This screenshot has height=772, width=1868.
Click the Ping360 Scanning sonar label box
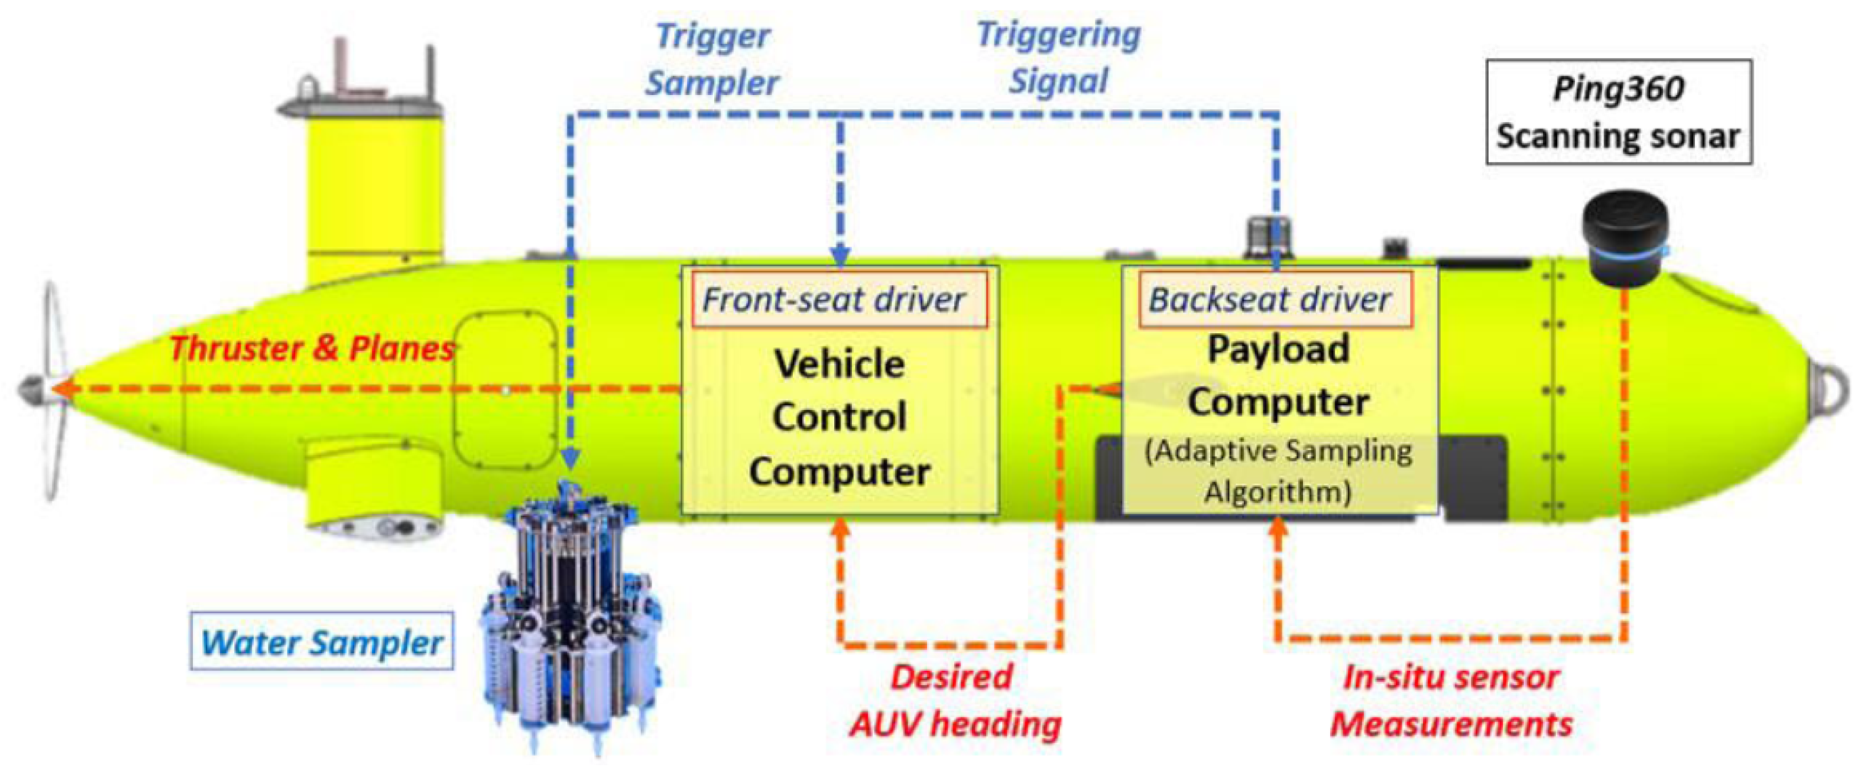(x=1619, y=112)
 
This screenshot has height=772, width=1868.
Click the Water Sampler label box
(x=321, y=642)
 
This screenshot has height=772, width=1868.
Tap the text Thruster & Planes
(x=312, y=349)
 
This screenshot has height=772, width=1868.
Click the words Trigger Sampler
(x=712, y=60)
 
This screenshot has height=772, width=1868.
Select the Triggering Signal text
(x=1059, y=58)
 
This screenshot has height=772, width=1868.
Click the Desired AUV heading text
(x=954, y=701)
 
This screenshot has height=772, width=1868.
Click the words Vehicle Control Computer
(x=840, y=417)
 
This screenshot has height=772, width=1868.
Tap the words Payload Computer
(x=1278, y=375)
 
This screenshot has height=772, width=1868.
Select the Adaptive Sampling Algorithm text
(x=1278, y=471)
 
